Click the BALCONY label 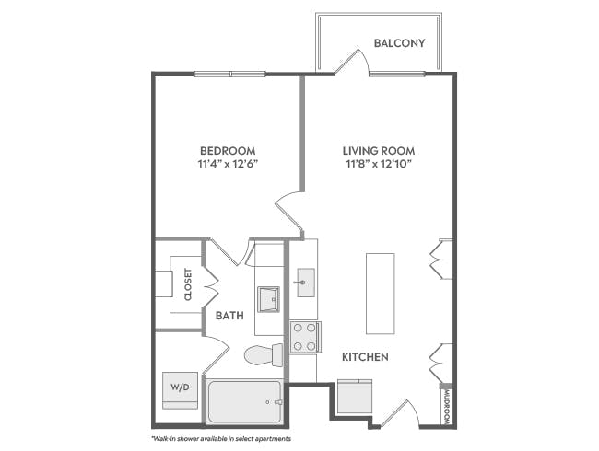[399, 43]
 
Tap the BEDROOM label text [228, 151]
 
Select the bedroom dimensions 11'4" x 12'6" [228, 165]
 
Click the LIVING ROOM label [379, 151]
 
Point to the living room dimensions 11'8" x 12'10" [379, 165]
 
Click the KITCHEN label [365, 356]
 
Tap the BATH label [229, 316]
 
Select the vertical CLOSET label [188, 284]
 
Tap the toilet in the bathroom [264, 354]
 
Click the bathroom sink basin [268, 299]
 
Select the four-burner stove [304, 337]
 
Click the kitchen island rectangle [380, 293]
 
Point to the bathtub [244, 402]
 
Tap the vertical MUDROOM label [446, 406]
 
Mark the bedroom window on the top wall [229, 74]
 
